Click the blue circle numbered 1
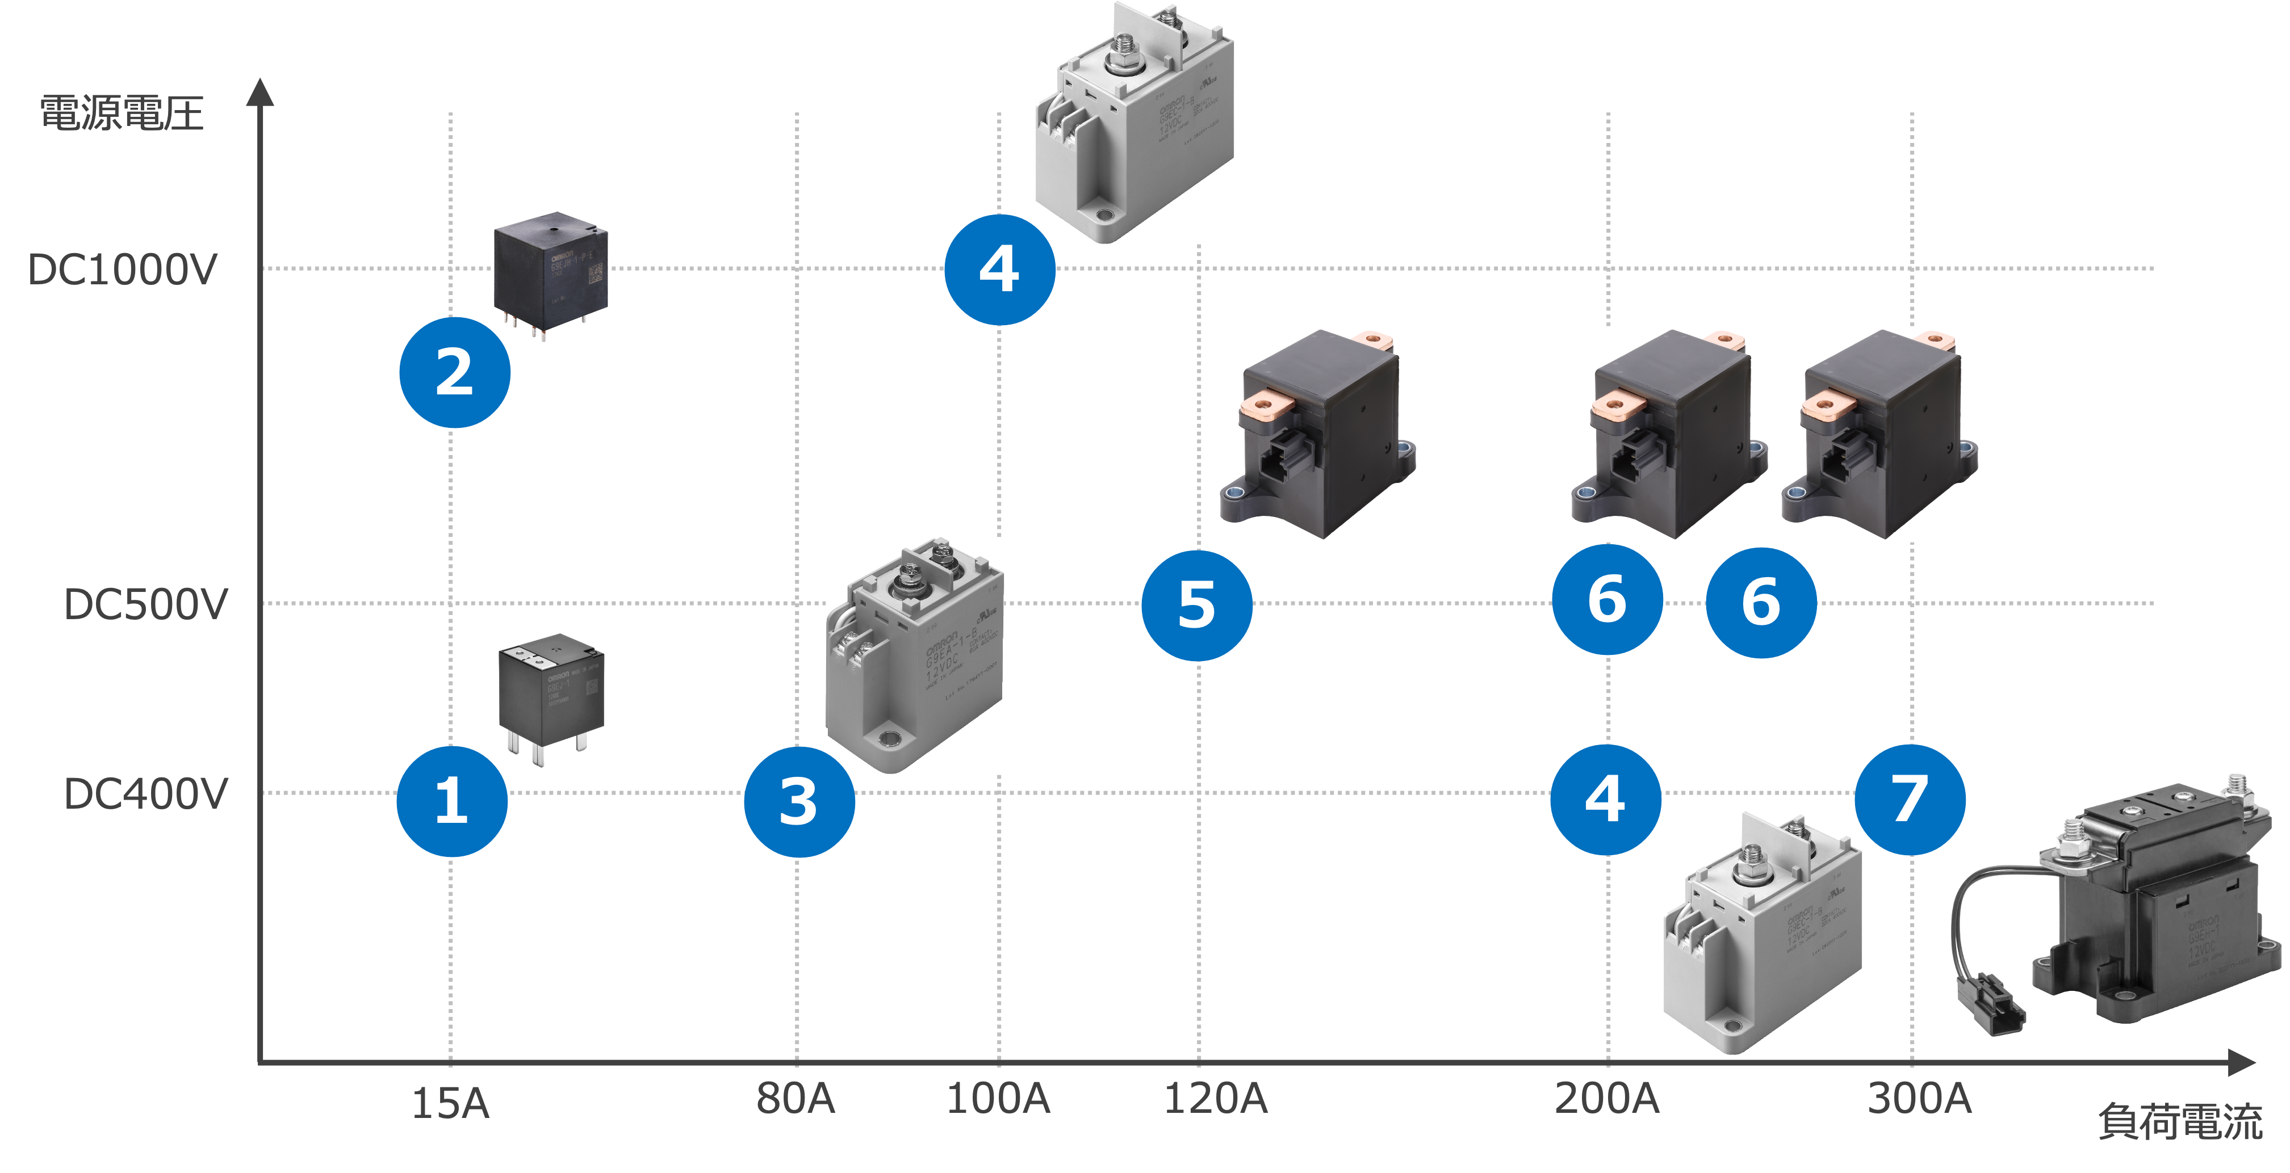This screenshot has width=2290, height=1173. point(451,801)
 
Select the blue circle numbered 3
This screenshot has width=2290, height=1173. point(798,801)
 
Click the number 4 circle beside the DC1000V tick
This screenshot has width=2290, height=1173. point(999,269)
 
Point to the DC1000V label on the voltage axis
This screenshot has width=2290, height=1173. point(124,271)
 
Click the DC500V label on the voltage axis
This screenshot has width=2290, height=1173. point(146,607)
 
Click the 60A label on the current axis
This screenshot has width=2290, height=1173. point(794,1102)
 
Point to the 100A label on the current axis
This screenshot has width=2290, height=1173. point(999,1102)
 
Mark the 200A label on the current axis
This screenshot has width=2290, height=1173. point(1605,1102)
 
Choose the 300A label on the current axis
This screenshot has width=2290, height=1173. point(1920,1102)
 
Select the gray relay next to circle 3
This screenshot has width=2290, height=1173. point(916,658)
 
